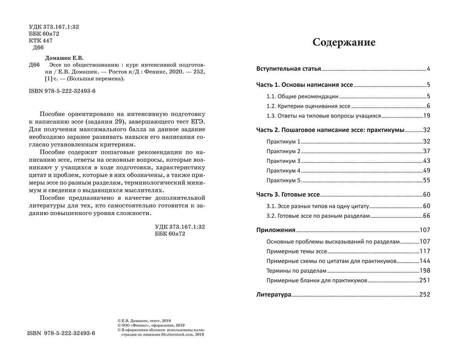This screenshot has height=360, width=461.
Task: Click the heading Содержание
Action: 343,42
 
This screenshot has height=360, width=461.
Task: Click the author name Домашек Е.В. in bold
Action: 64,58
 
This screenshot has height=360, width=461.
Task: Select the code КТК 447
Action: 41,41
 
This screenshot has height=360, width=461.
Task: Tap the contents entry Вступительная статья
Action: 289,69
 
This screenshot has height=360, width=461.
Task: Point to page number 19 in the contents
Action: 426,116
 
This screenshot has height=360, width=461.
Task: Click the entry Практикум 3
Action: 284,161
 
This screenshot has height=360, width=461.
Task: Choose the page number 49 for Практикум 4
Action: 426,171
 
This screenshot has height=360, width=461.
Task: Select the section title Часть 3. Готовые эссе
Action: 288,194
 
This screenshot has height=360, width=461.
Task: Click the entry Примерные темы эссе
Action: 297,252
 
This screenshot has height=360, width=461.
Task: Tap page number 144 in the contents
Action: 425,261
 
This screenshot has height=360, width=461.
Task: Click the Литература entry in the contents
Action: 274,295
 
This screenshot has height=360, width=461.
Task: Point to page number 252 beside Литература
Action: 425,295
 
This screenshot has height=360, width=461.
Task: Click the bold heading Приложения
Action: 276,230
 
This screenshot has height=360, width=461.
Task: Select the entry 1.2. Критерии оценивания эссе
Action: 308,106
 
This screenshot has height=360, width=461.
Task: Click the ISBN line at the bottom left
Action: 61,333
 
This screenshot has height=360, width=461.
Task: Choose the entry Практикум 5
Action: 284,180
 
